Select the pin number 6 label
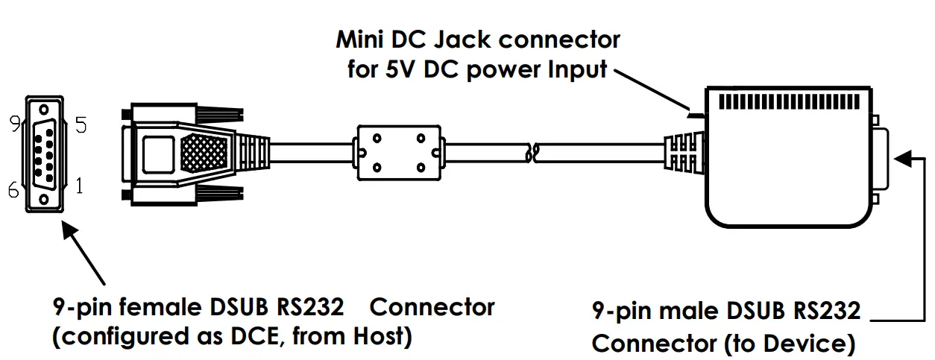[x=13, y=191]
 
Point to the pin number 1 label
[x=79, y=186]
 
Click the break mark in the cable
[x=531, y=153]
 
